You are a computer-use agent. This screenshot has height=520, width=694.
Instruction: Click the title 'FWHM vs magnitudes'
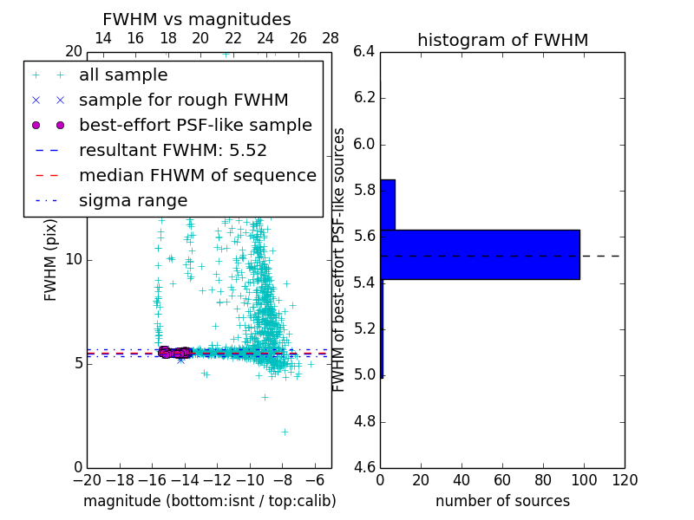196,19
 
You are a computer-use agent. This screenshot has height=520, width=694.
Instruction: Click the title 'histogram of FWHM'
502,40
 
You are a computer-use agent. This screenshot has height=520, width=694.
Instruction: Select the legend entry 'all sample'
123,75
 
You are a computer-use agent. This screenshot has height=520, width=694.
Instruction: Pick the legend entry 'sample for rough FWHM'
183,101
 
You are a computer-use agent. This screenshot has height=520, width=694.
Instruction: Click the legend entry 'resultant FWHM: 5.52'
173,150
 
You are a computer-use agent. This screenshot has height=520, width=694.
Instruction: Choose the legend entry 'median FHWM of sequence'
197,175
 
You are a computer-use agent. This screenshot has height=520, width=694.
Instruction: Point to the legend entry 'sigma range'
133,200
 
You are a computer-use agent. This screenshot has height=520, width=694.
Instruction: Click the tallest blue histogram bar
480,254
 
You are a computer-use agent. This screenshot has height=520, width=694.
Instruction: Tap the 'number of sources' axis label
502,501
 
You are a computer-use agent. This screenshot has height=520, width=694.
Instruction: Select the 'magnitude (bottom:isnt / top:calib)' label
209,501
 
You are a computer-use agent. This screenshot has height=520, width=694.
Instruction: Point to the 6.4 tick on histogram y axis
363,52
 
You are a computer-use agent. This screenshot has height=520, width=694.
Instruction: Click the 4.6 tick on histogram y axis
363,468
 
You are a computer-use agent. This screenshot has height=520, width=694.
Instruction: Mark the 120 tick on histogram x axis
625,480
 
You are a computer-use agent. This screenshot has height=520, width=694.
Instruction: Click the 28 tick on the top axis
331,38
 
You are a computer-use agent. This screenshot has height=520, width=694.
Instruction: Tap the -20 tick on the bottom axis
87,480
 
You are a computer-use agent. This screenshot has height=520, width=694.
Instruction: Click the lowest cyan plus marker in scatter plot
284,431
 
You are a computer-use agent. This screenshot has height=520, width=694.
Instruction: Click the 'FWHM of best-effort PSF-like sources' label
340,259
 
